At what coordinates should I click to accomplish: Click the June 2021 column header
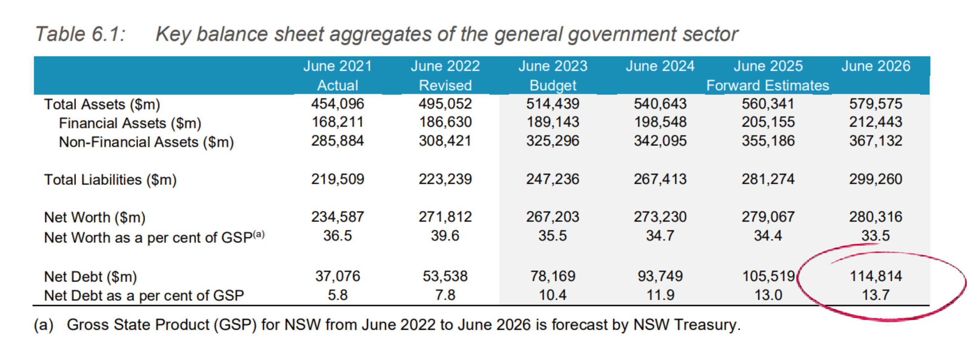coord(337,66)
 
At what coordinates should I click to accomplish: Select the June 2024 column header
coord(660,66)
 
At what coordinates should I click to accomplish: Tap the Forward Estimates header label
coord(767,86)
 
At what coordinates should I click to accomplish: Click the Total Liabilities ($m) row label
coord(110,180)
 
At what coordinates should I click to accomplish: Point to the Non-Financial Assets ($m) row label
coord(146,142)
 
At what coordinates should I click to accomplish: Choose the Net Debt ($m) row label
coord(90,276)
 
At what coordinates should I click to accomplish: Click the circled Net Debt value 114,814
coord(875,276)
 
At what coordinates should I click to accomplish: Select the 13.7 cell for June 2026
coord(875,295)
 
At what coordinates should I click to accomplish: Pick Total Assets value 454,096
coord(337,104)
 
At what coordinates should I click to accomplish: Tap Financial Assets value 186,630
coord(445,122)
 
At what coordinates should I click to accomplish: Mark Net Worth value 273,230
coord(660,217)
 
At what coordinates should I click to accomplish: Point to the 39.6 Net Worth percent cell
coord(445,236)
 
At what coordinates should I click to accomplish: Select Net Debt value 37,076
coord(337,276)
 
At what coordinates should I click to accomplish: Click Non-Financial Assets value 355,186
coord(768,141)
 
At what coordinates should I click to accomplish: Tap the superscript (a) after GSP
coord(259,234)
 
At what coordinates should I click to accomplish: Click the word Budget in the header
coord(553,86)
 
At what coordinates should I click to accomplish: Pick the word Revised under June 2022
coord(445,86)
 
